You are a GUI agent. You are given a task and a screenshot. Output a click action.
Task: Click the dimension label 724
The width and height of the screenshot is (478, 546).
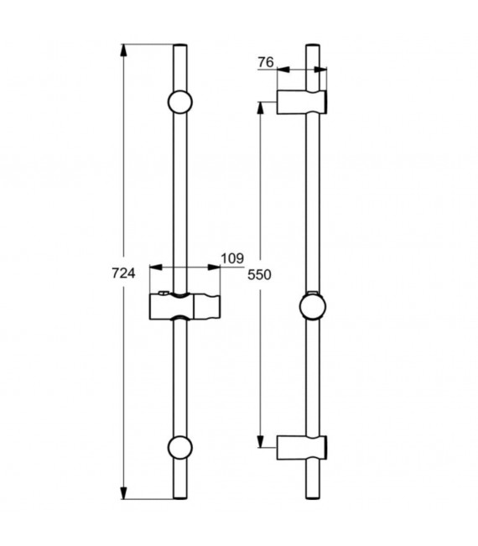point(123,273)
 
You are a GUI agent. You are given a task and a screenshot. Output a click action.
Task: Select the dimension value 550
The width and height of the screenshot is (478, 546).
point(262,273)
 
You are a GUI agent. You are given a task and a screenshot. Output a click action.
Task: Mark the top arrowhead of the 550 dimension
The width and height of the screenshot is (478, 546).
point(262,107)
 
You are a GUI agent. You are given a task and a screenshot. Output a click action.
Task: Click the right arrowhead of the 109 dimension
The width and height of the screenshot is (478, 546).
point(216,268)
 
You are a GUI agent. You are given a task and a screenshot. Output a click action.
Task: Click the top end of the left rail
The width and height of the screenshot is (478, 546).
point(180,45)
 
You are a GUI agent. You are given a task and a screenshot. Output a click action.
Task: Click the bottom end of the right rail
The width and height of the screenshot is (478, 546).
point(314,498)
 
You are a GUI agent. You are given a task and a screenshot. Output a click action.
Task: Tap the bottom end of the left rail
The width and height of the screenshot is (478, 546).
point(180,498)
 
